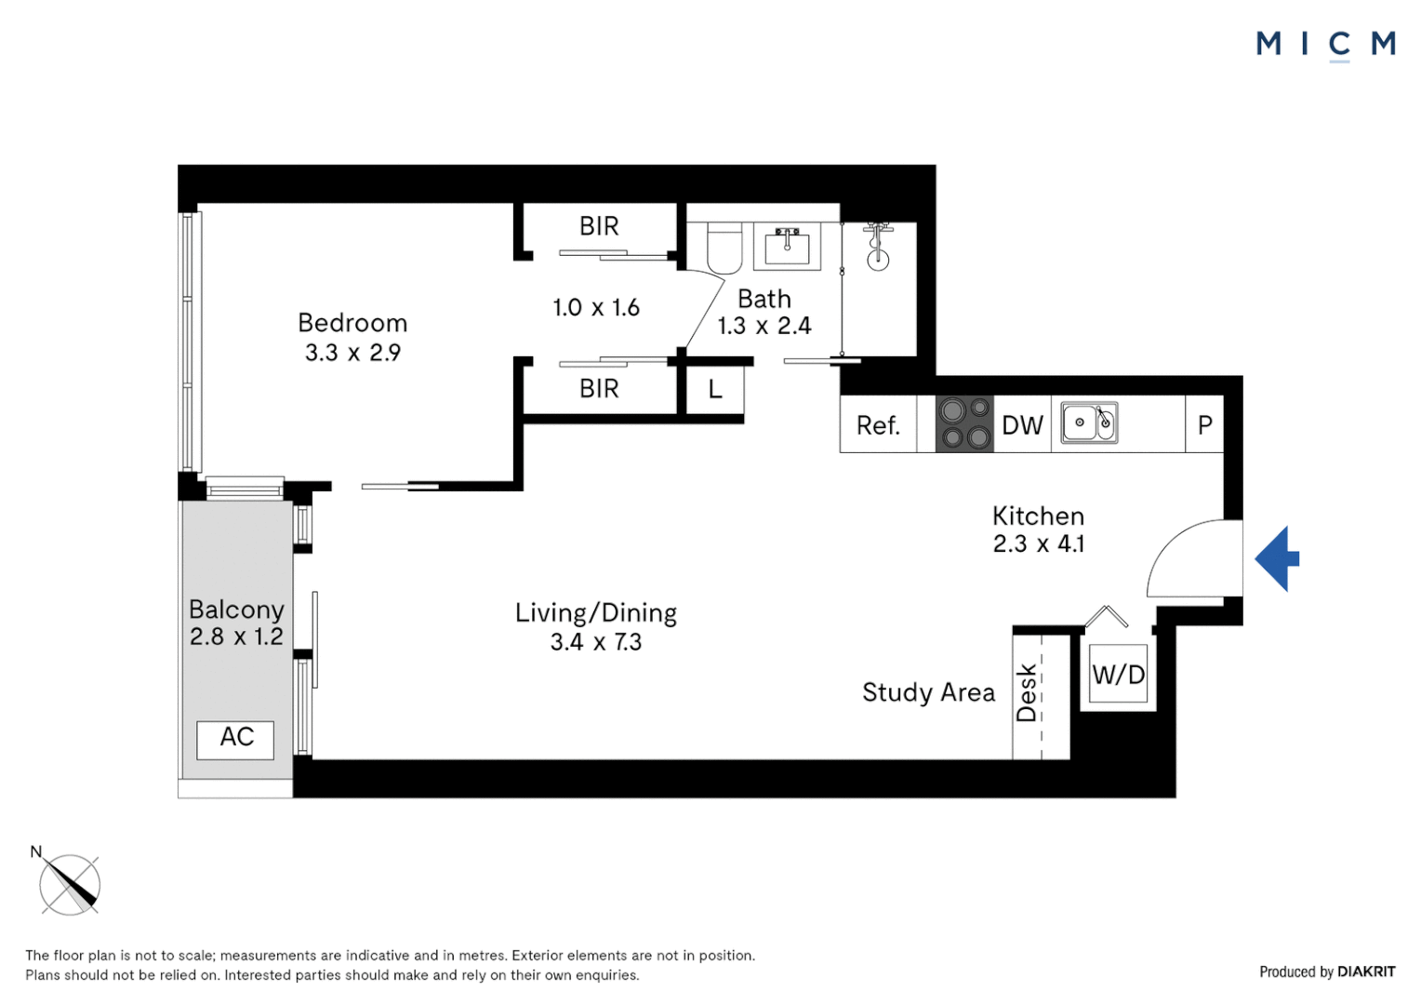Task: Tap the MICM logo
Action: click(1325, 44)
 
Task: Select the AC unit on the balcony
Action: click(236, 739)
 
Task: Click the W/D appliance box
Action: click(1118, 675)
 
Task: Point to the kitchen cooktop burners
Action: click(964, 424)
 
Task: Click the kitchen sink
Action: click(1089, 423)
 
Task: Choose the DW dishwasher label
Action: click(1022, 425)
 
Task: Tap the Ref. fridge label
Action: click(878, 425)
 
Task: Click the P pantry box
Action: click(1204, 425)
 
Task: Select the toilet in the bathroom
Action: click(724, 248)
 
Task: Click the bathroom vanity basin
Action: click(787, 247)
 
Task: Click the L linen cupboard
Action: click(715, 390)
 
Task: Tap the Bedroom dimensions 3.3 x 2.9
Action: click(352, 353)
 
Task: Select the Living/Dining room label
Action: click(596, 612)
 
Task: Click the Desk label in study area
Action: click(1027, 692)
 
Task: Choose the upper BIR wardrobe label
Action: click(599, 226)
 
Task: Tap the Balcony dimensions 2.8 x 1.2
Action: click(236, 636)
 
